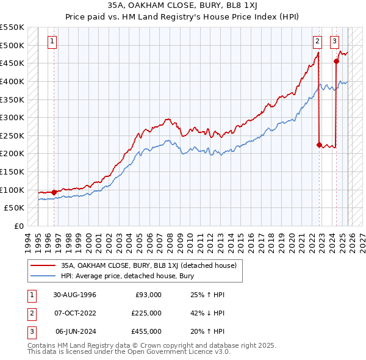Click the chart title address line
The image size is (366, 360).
click(183, 5)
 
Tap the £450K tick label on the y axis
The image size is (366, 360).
click(12, 63)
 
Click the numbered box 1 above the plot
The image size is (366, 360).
click(52, 41)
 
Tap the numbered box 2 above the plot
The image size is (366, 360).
click(318, 41)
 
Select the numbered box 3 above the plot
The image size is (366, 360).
click(335, 41)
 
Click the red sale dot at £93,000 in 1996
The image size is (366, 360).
click(54, 192)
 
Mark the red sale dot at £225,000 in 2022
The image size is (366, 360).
click(319, 145)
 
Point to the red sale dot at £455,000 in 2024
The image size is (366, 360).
click(336, 61)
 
